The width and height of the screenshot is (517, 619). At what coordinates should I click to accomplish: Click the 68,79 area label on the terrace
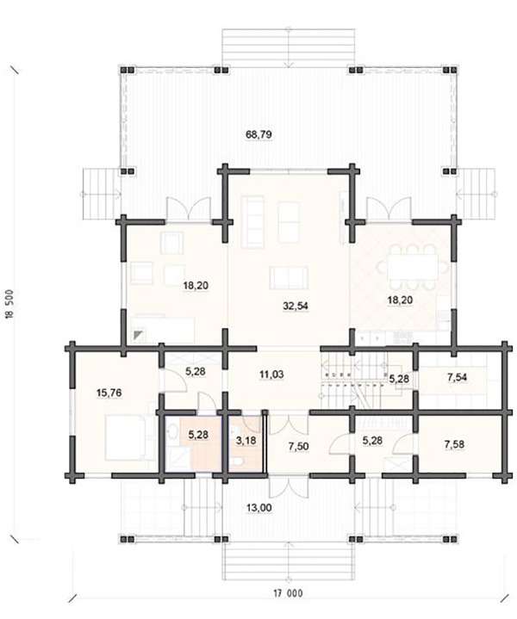[258, 134]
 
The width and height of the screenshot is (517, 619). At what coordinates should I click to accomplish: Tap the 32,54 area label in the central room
[296, 306]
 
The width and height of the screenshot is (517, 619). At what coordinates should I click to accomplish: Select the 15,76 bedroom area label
[109, 393]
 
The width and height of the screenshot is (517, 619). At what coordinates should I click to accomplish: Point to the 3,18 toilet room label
[246, 440]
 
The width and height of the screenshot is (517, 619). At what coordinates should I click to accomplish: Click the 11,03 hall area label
[271, 374]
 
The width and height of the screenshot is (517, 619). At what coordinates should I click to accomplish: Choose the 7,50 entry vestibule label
[298, 447]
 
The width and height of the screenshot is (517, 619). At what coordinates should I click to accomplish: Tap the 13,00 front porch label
[258, 508]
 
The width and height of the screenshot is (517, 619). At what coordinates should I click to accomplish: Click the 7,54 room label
[457, 377]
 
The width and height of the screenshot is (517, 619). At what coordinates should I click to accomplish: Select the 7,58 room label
[454, 444]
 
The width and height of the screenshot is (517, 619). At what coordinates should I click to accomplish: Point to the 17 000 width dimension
[288, 593]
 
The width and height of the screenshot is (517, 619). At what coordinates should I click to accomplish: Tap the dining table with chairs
[413, 267]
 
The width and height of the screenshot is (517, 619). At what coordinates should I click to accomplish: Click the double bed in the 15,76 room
[126, 437]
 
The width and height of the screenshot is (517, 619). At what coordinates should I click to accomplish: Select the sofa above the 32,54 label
[289, 277]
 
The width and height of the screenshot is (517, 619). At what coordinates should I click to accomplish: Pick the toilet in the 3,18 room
[239, 461]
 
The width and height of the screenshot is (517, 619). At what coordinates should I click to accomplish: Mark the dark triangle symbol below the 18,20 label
[138, 336]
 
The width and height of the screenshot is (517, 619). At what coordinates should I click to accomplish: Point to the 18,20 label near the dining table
[400, 300]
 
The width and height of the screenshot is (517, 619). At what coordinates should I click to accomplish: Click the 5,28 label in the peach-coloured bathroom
[198, 435]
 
